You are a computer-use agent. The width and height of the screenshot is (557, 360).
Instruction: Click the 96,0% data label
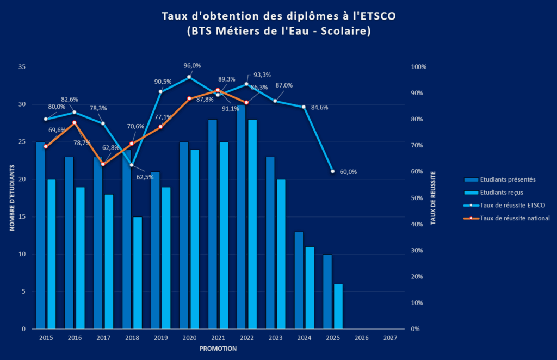click(192, 66)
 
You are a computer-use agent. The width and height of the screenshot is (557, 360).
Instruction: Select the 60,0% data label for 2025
click(348, 172)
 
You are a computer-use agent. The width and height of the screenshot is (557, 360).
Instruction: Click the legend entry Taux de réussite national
click(515, 218)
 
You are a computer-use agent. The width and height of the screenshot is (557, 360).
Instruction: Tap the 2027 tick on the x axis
click(390, 338)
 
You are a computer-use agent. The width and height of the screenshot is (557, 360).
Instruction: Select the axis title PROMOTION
click(218, 349)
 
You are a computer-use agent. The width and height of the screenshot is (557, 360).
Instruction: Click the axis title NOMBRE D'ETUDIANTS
click(11, 198)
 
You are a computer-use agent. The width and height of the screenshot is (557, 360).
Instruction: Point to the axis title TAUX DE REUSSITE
click(434, 198)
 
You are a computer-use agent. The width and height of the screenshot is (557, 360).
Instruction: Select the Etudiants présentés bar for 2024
click(299, 280)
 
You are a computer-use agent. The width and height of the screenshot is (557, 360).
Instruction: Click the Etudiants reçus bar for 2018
click(137, 272)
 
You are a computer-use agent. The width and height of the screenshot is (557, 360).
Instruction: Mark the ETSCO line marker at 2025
click(333, 171)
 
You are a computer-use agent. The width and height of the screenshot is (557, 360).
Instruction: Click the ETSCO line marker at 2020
click(189, 77)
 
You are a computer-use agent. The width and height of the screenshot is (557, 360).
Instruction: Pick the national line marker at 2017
click(103, 164)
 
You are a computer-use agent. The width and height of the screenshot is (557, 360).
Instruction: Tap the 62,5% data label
click(144, 177)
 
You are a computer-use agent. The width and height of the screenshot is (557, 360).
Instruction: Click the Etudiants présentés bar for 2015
click(40, 235)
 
